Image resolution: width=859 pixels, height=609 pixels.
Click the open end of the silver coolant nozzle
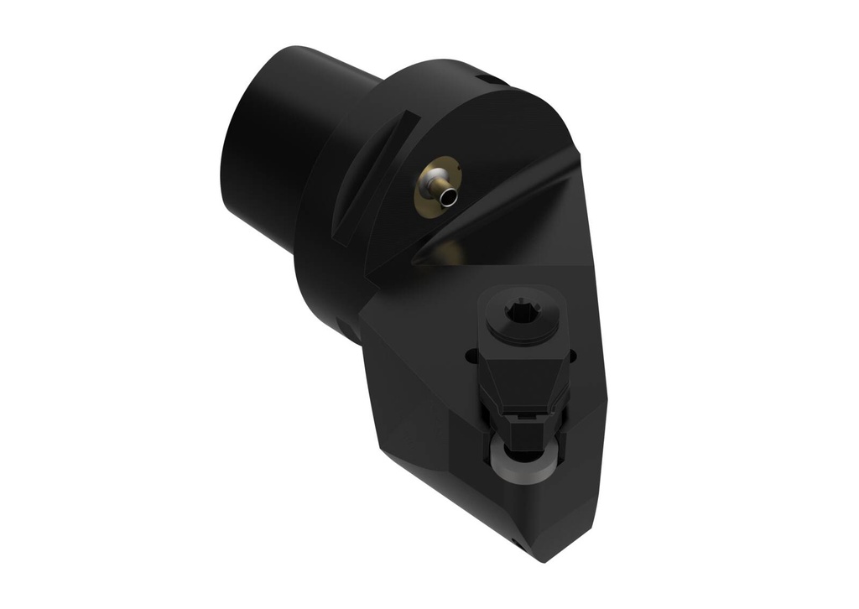coord(451,196)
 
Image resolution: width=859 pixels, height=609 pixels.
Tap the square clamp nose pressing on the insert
coord(523,431)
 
